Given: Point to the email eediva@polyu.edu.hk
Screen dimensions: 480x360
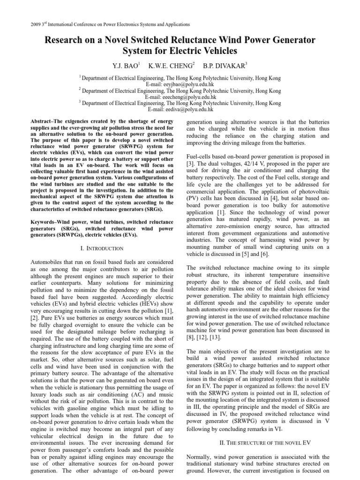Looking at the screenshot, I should pos(180,109).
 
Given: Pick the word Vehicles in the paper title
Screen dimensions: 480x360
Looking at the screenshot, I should pos(217,50).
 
